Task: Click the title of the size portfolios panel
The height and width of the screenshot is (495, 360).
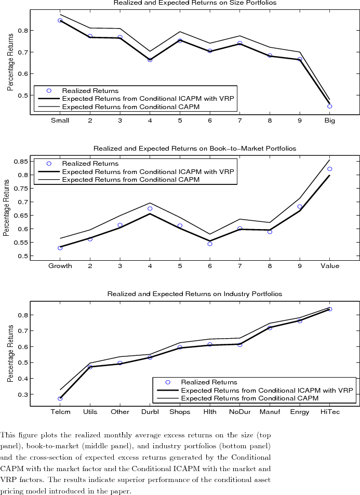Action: tap(195, 3)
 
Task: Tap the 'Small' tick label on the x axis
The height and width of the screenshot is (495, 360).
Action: tap(60, 121)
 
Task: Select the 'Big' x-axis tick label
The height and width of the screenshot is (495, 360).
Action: tap(330, 121)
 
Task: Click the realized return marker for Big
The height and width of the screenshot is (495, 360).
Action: tap(330, 106)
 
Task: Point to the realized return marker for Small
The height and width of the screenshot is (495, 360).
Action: tap(60, 21)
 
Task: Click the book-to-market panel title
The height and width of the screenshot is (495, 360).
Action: tap(195, 149)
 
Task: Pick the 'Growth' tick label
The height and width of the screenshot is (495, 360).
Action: tap(60, 266)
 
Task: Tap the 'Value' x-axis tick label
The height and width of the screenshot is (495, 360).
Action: tap(330, 266)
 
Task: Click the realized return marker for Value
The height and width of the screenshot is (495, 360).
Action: tap(330, 169)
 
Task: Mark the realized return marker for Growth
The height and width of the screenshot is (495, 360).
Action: tap(60, 248)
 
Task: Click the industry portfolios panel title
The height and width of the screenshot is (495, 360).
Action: tap(195, 294)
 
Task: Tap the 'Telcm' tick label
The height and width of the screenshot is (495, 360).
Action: tap(60, 412)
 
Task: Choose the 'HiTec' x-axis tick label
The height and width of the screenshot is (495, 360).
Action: tap(330, 412)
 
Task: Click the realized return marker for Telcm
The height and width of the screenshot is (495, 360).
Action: tap(60, 398)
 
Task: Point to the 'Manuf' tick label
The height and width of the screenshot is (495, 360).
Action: tap(270, 412)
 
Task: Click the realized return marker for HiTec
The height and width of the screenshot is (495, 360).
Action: tap(330, 309)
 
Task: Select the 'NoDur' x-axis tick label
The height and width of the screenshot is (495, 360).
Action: tap(240, 412)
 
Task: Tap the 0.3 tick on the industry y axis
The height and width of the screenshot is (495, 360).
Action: tap(23, 395)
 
